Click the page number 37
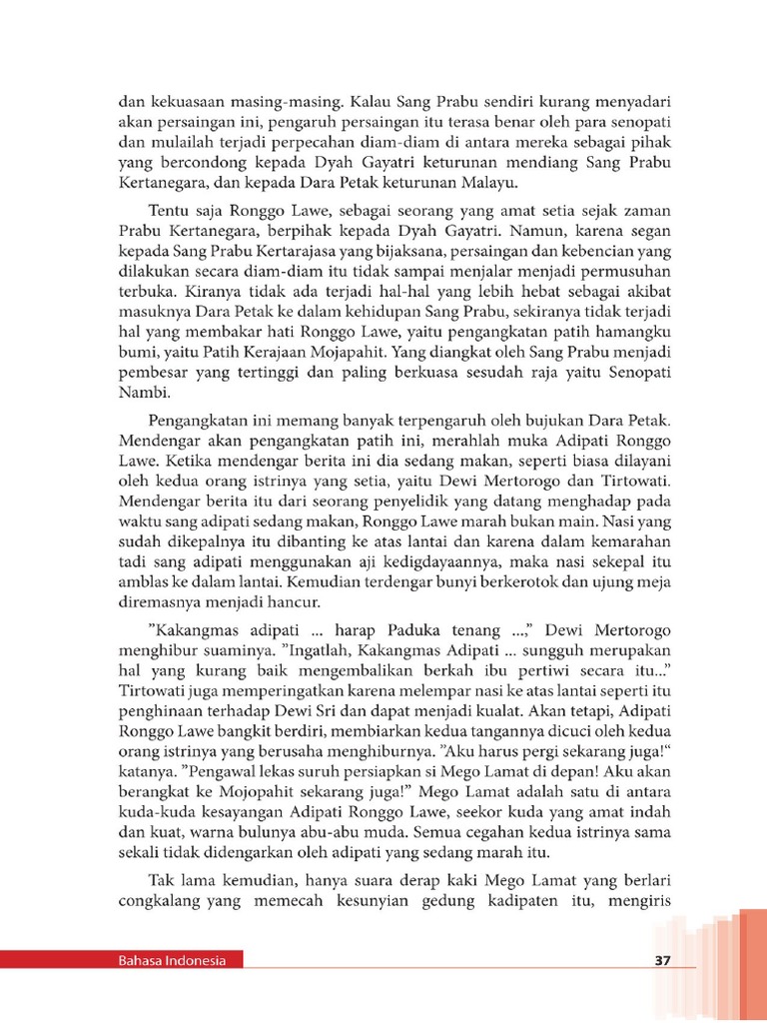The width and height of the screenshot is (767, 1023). click(x=661, y=961)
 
